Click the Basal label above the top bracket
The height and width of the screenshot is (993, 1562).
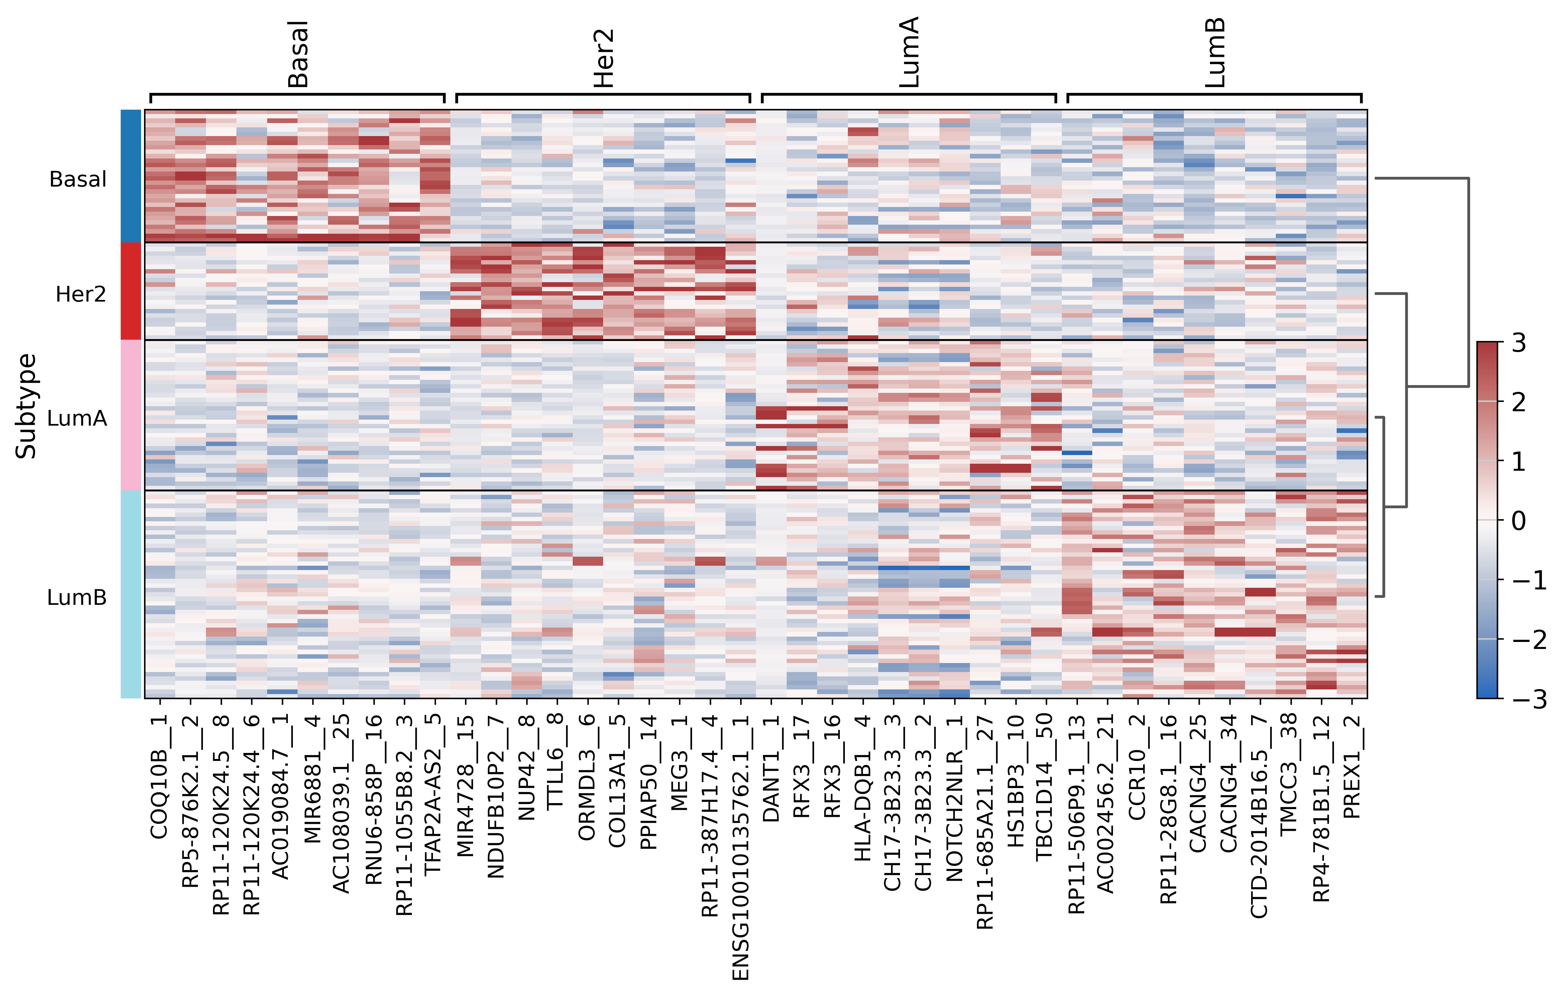tap(298, 54)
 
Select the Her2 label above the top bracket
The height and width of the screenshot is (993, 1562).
tap(604, 59)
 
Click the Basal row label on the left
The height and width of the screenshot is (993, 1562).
tap(78, 179)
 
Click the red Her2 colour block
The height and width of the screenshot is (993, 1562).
tap(131, 291)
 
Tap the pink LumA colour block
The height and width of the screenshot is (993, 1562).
tap(131, 415)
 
